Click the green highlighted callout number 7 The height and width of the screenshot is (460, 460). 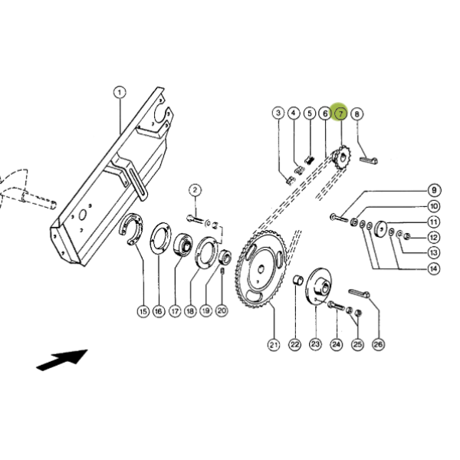340,113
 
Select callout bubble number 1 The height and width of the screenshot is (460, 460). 120,93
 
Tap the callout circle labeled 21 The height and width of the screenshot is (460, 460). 274,345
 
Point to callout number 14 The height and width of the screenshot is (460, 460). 434,268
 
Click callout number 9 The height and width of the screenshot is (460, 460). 434,190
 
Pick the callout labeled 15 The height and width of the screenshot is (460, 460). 143,311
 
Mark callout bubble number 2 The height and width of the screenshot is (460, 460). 195,190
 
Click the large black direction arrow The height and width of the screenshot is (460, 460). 62,360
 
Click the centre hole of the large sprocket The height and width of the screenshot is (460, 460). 261,268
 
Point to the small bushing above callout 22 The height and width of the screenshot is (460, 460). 297,280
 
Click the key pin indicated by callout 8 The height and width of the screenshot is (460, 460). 369,160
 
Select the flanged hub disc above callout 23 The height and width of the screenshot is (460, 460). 319,287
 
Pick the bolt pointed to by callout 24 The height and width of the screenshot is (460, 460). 337,306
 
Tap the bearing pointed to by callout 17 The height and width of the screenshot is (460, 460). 182,245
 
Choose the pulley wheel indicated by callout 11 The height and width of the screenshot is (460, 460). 381,228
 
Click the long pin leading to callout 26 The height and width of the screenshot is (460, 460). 359,293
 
